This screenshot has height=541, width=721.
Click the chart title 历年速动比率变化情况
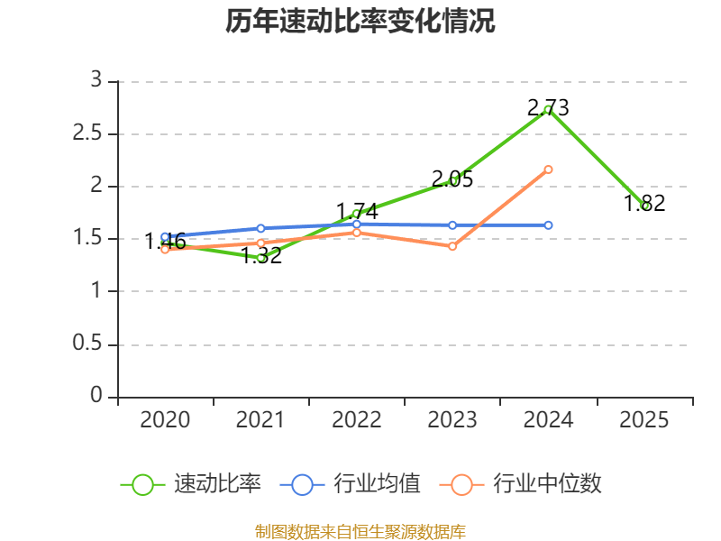[x=360, y=22]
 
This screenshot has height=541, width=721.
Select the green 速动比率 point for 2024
[x=548, y=110]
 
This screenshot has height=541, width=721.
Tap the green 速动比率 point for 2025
[x=644, y=206]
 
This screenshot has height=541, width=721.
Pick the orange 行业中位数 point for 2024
[x=548, y=170]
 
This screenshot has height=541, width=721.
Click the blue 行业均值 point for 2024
[x=548, y=225]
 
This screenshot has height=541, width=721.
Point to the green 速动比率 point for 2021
[x=261, y=258]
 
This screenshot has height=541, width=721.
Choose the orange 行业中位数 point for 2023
[x=452, y=246]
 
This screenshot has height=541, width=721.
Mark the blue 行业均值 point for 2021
[x=261, y=228]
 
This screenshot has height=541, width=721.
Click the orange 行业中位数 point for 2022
[x=357, y=233]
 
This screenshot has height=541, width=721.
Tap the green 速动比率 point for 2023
[x=452, y=181]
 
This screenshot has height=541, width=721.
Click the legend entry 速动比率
[x=191, y=484]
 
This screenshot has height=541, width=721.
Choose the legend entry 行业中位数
[x=520, y=484]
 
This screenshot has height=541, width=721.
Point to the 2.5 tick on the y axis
[x=90, y=134]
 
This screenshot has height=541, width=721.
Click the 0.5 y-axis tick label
[x=90, y=345]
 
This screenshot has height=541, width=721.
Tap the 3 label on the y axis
[x=96, y=81]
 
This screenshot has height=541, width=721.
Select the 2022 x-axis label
[x=357, y=420]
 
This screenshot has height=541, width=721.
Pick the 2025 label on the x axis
[x=644, y=420]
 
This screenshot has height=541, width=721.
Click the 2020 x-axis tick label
[x=166, y=420]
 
